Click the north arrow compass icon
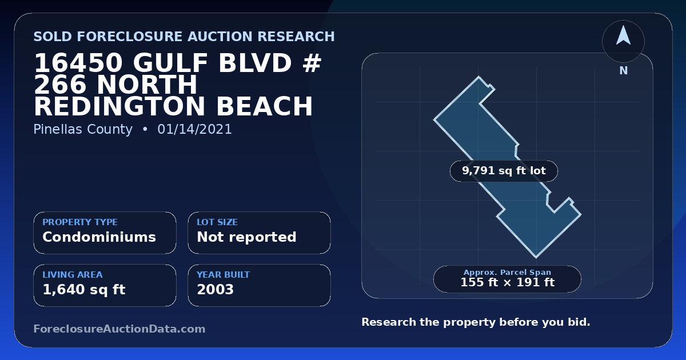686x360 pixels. point(623,41)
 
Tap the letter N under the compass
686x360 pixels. point(624,71)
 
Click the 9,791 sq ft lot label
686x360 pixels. point(504,171)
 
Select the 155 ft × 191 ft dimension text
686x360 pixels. point(508,282)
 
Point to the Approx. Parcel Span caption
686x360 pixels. point(508,272)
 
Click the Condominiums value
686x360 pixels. point(99,237)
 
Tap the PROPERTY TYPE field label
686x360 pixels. point(80,222)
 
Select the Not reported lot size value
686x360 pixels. point(246,237)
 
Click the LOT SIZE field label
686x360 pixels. point(217,222)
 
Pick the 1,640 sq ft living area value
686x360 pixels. point(84,290)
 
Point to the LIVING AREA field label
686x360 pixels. point(73,275)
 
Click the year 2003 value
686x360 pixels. point(216,290)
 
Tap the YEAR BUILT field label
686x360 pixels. point(224,275)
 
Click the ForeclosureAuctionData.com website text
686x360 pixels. point(119,329)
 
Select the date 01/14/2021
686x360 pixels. point(195,129)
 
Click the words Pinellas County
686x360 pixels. point(83,129)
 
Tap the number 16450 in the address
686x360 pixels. point(78,63)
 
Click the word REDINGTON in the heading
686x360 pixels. point(119,106)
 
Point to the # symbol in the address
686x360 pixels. point(312,63)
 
